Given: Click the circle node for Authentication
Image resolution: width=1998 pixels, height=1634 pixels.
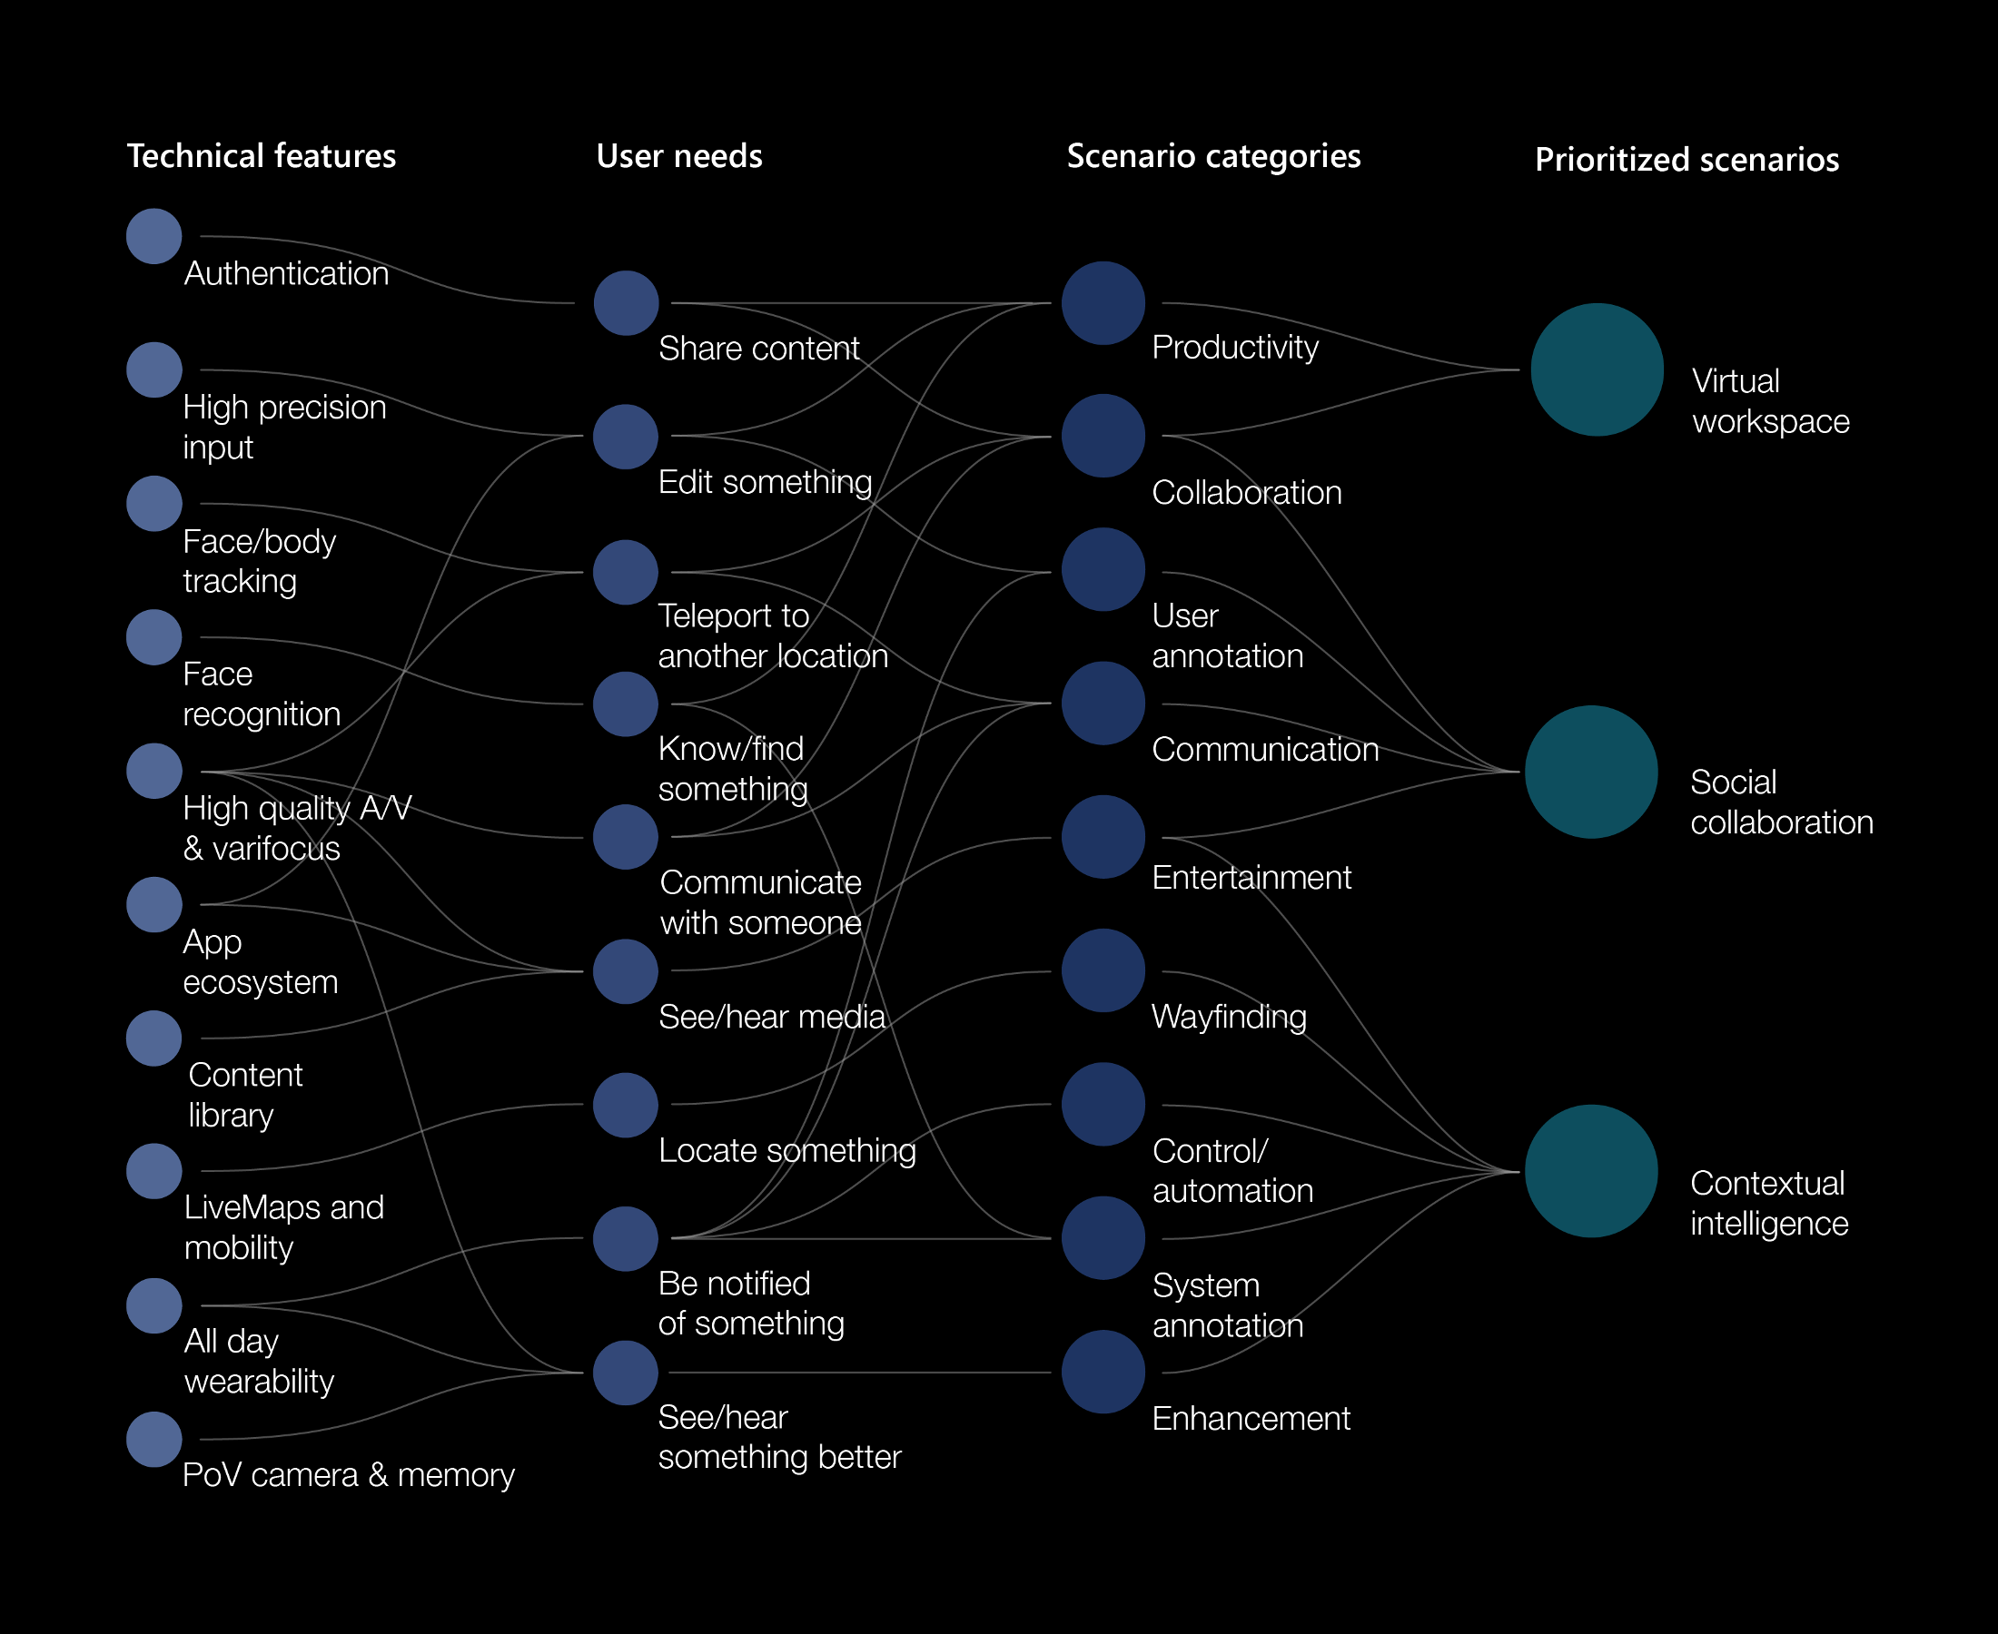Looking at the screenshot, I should coord(153,236).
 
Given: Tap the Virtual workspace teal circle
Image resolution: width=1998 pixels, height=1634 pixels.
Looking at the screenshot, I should coord(1596,369).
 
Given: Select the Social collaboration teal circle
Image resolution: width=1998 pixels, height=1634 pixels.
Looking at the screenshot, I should coord(1590,772).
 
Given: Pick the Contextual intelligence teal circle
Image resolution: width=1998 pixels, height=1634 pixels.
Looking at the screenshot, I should coord(1590,1171).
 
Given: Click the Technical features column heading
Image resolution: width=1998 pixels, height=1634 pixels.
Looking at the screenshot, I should coord(261,155).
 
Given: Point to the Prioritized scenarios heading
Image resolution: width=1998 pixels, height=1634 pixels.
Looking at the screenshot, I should coord(1686,159).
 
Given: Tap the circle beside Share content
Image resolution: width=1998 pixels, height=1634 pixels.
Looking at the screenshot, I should coord(625,303).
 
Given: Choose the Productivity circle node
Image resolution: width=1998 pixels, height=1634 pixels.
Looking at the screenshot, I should coord(1103,303).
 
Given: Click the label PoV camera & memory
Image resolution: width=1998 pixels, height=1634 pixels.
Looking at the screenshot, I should coord(349,1475).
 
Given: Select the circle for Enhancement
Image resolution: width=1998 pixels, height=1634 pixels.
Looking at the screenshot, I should coord(1103,1372).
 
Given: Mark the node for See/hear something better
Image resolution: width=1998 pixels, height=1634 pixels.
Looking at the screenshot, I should coord(625,1373).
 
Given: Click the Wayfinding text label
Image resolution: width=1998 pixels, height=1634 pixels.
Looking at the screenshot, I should coord(1228,1017).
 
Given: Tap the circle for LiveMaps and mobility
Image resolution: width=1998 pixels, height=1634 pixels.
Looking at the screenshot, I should coord(153,1171).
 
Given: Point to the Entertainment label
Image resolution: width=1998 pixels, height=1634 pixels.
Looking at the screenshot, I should coord(1251,877).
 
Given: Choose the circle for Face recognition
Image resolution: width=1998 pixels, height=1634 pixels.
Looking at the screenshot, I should coord(153,637).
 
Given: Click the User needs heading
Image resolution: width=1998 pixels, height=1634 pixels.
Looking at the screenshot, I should coord(679,155).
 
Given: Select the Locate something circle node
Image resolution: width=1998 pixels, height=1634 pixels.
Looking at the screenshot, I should coord(625,1105).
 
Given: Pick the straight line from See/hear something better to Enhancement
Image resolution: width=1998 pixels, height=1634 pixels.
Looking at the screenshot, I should coord(856,1373).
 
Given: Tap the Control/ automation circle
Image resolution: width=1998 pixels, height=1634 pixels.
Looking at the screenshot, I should coord(1103,1104).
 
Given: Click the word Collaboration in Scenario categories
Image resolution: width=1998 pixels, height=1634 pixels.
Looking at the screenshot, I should coord(1246,492).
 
